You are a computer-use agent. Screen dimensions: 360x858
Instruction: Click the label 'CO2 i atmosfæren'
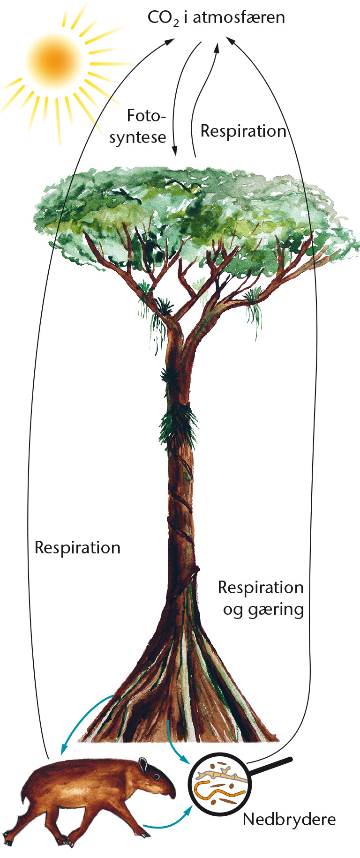(216, 18)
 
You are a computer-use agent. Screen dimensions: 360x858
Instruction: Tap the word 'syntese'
(138, 137)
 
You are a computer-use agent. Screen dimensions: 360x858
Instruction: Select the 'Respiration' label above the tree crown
(243, 131)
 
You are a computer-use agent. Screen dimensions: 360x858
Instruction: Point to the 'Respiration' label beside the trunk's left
(77, 547)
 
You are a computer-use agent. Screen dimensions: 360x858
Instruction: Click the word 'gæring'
(277, 610)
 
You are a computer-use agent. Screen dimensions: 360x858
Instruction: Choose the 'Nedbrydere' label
(289, 819)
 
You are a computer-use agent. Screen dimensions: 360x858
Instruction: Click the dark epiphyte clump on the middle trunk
(177, 424)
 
